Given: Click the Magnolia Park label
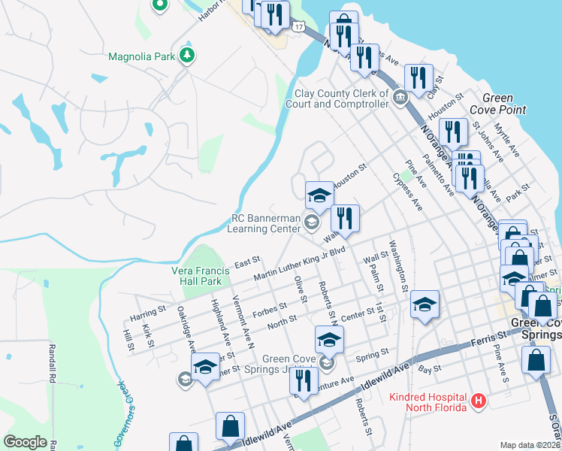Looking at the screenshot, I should click(141, 56).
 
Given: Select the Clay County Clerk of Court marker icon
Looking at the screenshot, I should click(400, 95).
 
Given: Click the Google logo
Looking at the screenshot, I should click(25, 442).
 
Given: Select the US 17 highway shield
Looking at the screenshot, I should click(299, 26).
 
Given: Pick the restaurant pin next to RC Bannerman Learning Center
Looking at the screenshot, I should click(345, 219).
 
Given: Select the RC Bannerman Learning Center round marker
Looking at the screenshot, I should click(312, 221).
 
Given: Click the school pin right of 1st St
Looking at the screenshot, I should click(425, 304).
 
